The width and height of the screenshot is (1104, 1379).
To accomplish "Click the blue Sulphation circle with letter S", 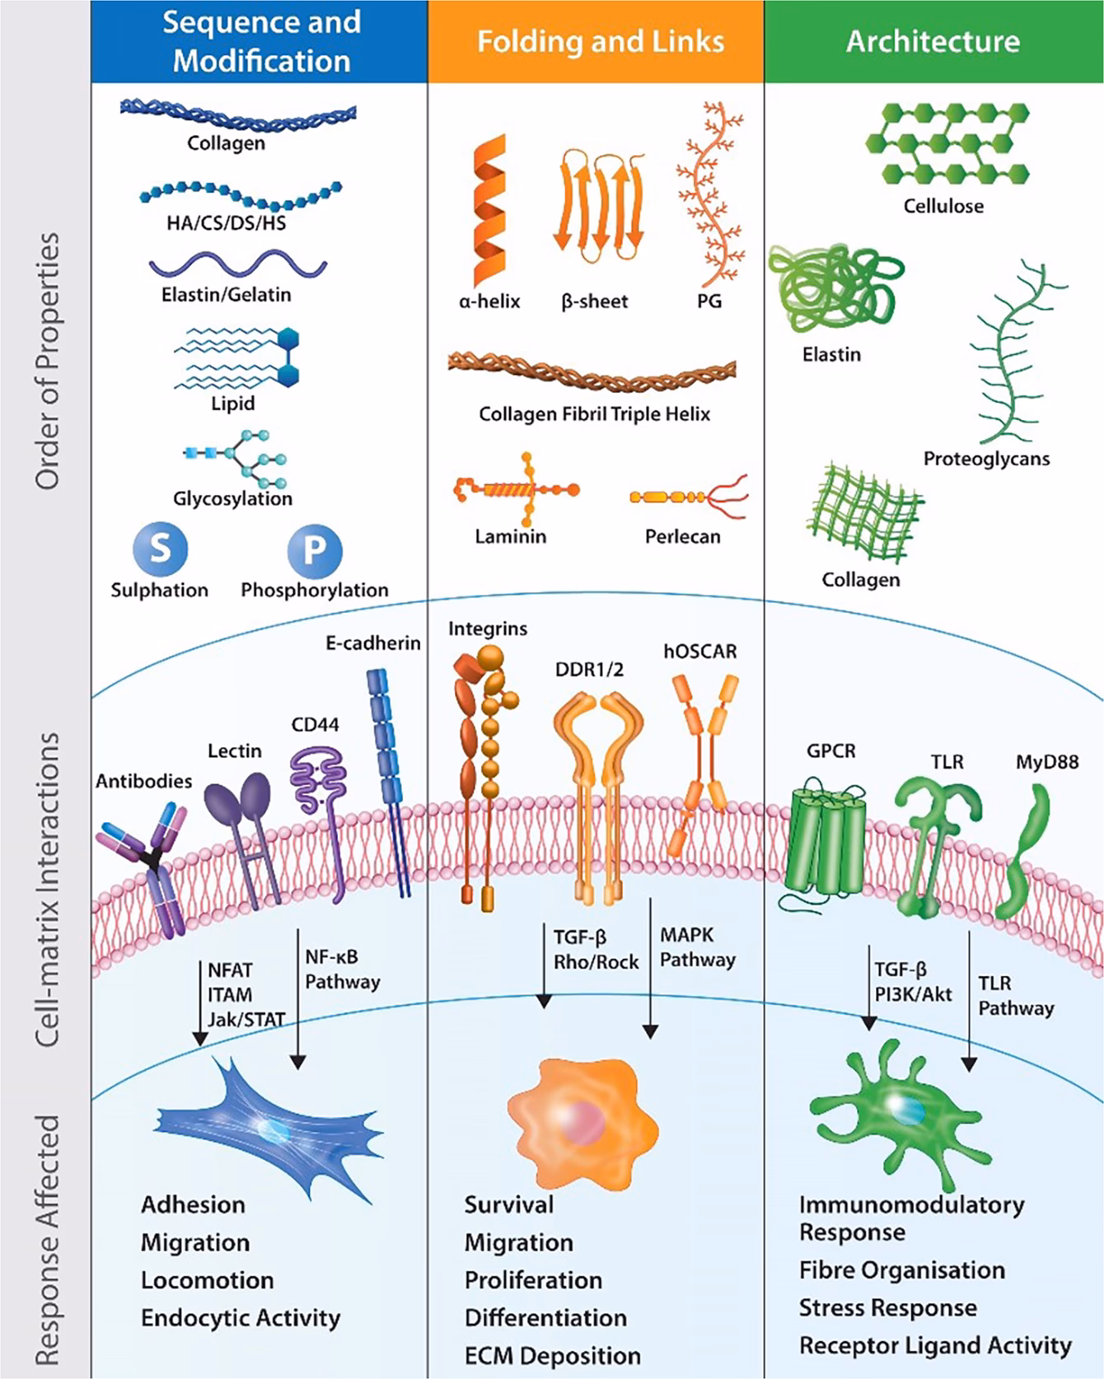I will (160, 548).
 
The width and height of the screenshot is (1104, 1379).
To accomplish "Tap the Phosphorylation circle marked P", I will (314, 550).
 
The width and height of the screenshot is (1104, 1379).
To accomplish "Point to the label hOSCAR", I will (700, 652).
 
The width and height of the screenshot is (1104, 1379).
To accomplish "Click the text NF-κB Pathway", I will (342, 970).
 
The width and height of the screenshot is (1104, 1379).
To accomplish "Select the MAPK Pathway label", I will (696, 947).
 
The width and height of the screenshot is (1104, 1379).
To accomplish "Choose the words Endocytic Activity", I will (240, 1318).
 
